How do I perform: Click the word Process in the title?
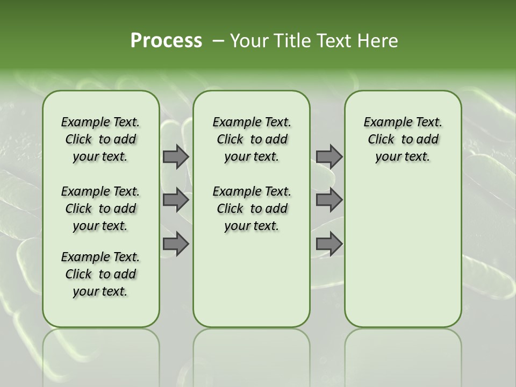pyautogui.click(x=166, y=40)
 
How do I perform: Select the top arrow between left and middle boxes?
pyautogui.click(x=176, y=156)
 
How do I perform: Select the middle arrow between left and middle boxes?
pyautogui.click(x=176, y=200)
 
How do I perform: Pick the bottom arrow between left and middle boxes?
pyautogui.click(x=176, y=243)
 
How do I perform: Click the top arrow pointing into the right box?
pyautogui.click(x=329, y=156)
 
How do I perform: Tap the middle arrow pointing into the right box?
pyautogui.click(x=329, y=200)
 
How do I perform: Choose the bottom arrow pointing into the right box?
pyautogui.click(x=329, y=243)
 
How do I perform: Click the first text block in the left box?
pyautogui.click(x=101, y=139)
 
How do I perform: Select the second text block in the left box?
pyautogui.click(x=101, y=209)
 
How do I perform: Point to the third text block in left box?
pyautogui.click(x=101, y=274)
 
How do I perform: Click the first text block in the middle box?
pyautogui.click(x=252, y=139)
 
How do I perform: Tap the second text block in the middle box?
pyautogui.click(x=252, y=209)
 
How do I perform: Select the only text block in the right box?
pyautogui.click(x=403, y=139)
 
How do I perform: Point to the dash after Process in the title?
pyautogui.click(x=218, y=40)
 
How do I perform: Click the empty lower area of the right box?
pyautogui.click(x=403, y=253)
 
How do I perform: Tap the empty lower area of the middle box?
pyautogui.click(x=252, y=279)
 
